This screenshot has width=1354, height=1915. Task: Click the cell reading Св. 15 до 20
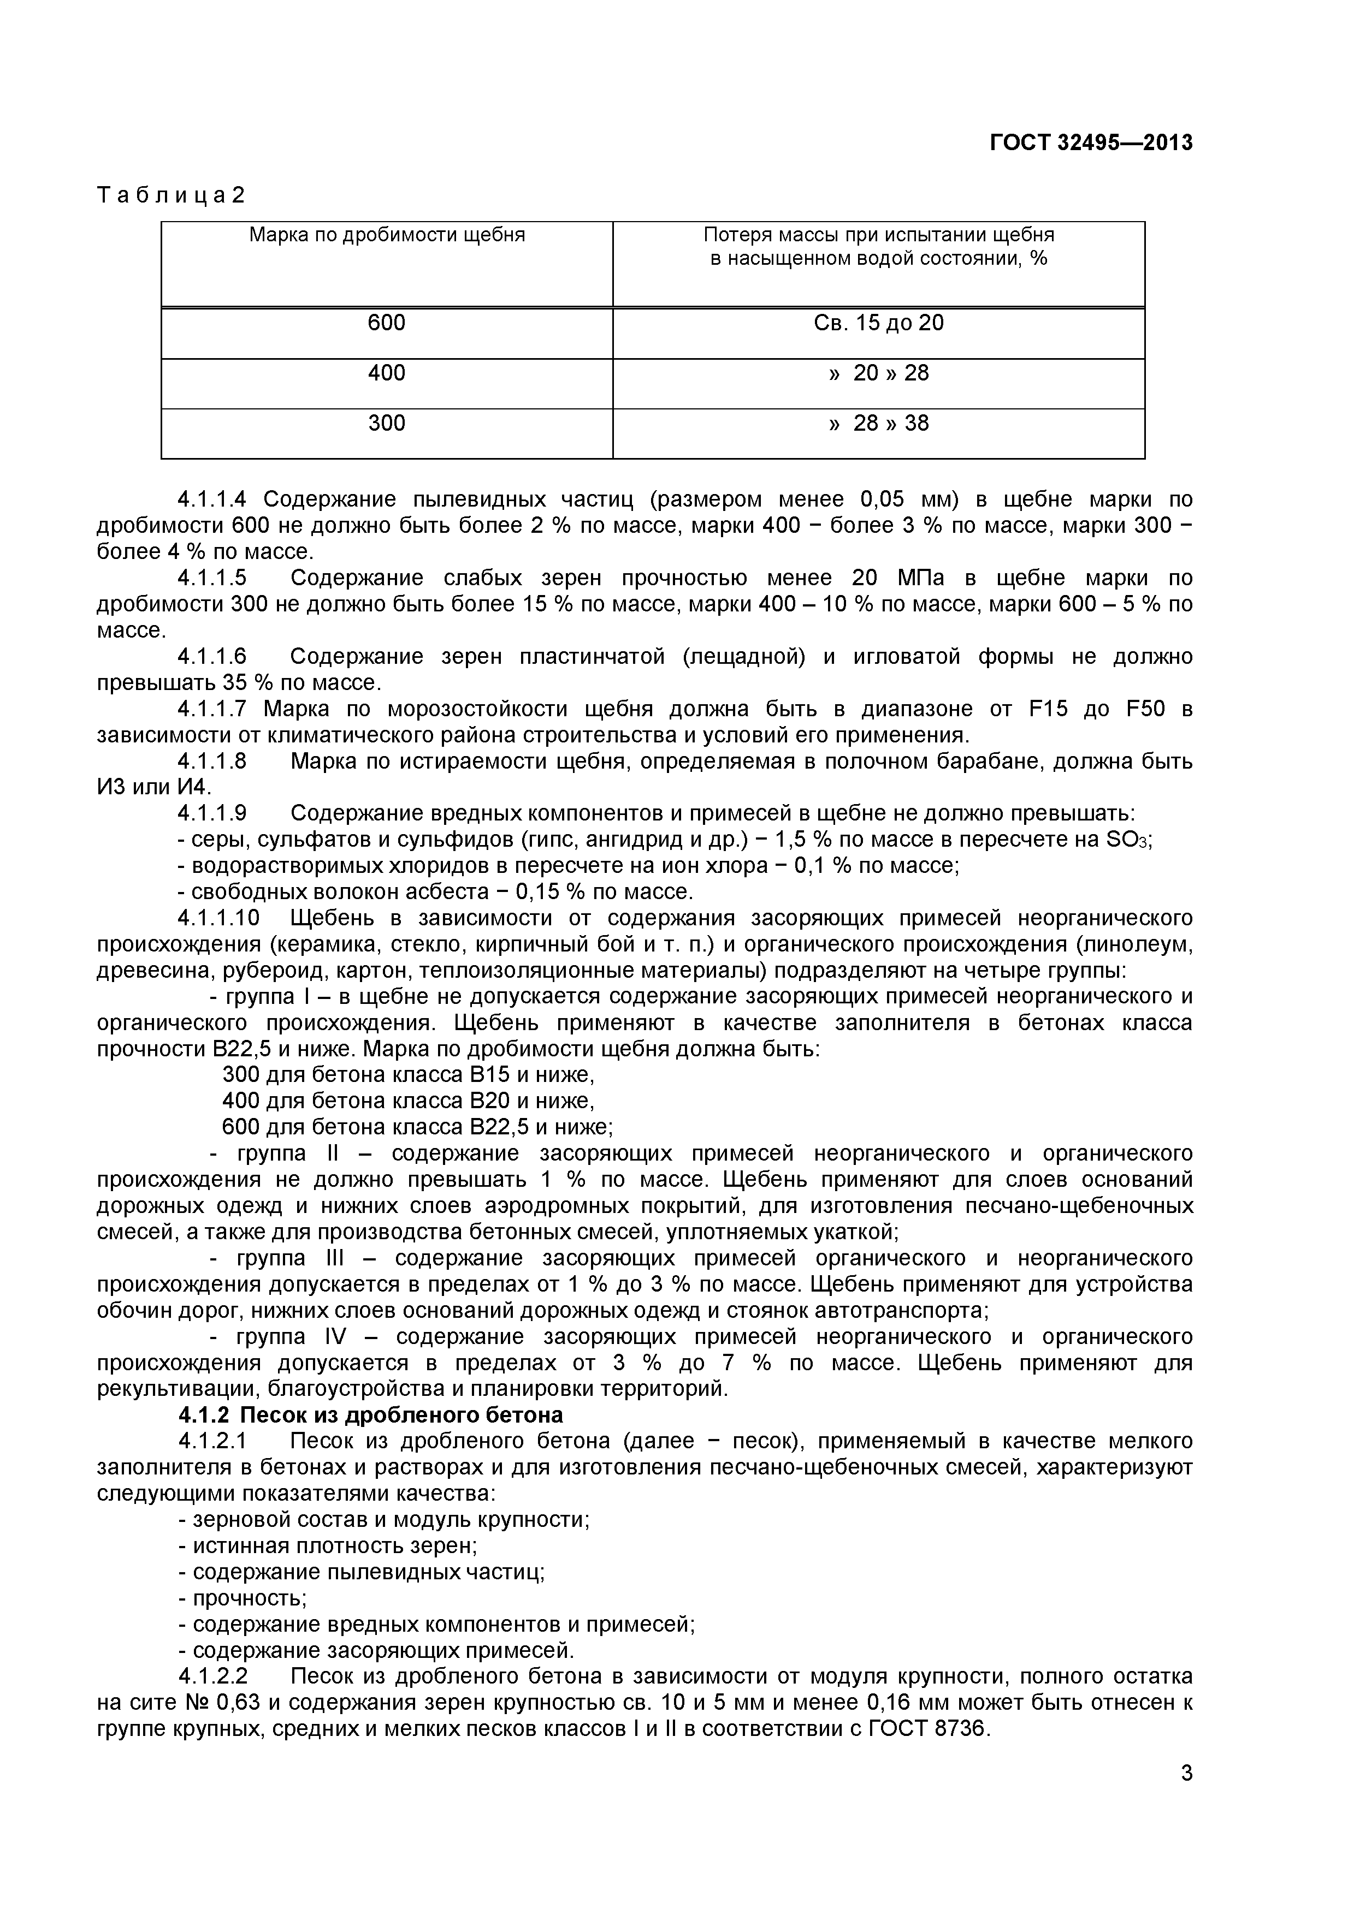[878, 323]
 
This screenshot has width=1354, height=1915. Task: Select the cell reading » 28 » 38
[878, 423]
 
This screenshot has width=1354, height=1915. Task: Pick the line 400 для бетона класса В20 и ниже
[408, 1102]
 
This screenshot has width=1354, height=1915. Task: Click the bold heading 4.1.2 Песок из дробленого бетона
[370, 1416]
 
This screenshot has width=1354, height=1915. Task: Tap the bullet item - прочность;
[243, 1599]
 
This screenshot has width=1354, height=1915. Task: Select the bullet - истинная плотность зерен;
[328, 1547]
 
